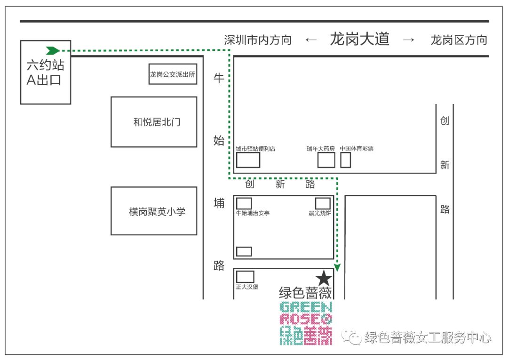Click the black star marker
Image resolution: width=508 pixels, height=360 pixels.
point(324,278)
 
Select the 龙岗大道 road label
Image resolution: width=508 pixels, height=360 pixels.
point(360,39)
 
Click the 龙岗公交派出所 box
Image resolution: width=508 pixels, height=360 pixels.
point(173,74)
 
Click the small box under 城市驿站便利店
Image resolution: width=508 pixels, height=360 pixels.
point(248,160)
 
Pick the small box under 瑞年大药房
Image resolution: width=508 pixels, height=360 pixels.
point(326,160)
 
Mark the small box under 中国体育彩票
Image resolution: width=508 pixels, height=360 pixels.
point(346,160)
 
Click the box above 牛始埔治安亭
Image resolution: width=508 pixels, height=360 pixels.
point(244,203)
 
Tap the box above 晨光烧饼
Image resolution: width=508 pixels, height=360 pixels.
point(323,203)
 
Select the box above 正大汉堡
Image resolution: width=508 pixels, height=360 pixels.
point(245,277)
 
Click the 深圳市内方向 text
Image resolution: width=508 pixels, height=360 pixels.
point(258,40)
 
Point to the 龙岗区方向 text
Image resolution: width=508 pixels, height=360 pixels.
point(459,40)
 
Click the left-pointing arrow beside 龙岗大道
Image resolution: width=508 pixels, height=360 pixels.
point(311,40)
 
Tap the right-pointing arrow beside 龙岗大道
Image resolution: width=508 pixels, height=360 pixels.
point(409,40)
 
